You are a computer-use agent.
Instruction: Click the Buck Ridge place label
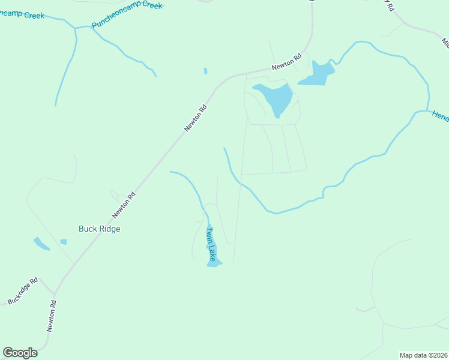point(100,229)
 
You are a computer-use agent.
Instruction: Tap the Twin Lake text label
point(210,244)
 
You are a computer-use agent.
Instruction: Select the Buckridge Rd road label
point(23,290)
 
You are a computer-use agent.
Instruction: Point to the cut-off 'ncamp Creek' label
point(22,14)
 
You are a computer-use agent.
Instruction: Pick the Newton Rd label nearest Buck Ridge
point(124,205)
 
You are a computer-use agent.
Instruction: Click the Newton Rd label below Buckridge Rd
point(52,317)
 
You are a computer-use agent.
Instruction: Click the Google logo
point(20,353)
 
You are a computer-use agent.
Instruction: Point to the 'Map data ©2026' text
point(423,355)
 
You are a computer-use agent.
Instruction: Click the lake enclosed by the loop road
point(274,98)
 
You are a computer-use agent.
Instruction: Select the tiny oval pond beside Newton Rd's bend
point(205,71)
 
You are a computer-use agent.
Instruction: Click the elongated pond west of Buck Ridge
point(41,244)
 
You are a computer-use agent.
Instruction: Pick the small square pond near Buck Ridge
point(64,242)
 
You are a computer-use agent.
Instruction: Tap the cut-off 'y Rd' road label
point(388,6)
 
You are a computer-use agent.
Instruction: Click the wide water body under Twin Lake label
point(214,262)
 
